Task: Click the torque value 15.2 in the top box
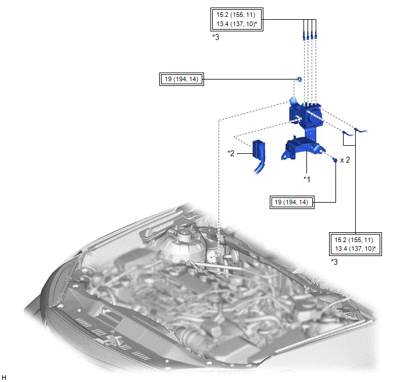[x=223, y=15]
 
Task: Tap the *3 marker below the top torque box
[x=216, y=37]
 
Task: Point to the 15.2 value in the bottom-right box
[x=340, y=240]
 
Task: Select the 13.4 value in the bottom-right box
[x=341, y=248]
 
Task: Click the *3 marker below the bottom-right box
[x=334, y=262]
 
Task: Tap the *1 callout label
[x=307, y=179]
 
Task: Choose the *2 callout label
[x=231, y=153]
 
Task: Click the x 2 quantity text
[x=345, y=160]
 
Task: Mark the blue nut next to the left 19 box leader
[x=299, y=79]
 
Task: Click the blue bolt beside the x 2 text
[x=335, y=160]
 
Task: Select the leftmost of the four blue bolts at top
[x=304, y=35]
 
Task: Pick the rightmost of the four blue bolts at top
[x=316, y=35]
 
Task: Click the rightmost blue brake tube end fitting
[x=360, y=131]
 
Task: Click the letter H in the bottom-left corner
[x=4, y=377]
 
